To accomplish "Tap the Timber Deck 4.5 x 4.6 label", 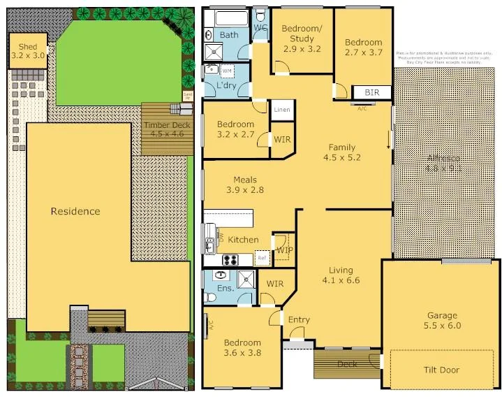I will (167, 129).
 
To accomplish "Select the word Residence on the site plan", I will (75, 211).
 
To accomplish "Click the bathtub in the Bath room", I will (229, 19).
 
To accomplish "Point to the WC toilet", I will (260, 15).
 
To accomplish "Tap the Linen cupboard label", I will (281, 110).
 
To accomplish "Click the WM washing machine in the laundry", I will (227, 71).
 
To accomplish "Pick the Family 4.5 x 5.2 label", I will (341, 152).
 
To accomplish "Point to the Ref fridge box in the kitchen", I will (263, 258).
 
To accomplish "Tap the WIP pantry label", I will (283, 250).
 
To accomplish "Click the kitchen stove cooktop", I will (231, 260).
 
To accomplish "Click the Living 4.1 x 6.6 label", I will (341, 275).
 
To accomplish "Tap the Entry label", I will (299, 320).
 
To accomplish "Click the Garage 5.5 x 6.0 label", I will (442, 320).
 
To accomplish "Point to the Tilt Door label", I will (442, 370).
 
